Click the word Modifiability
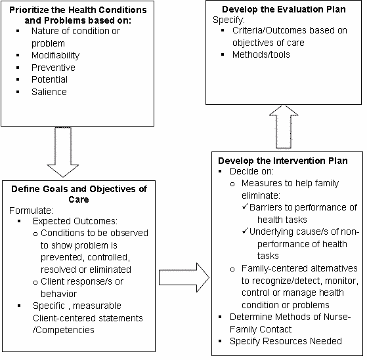55,56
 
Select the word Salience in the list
49,92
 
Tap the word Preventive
53,68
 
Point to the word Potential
49,80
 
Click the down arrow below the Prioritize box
63,152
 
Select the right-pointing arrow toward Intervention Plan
184,277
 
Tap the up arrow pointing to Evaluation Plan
284,127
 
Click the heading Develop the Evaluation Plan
284,9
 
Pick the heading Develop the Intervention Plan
283,161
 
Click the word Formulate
31,210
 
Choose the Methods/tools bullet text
261,54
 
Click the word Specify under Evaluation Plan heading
228,20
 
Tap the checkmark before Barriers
245,207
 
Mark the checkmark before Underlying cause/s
245,231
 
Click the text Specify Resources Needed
286,341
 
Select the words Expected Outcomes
75,221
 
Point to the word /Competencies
64,330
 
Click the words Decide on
251,172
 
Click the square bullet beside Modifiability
18,55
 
